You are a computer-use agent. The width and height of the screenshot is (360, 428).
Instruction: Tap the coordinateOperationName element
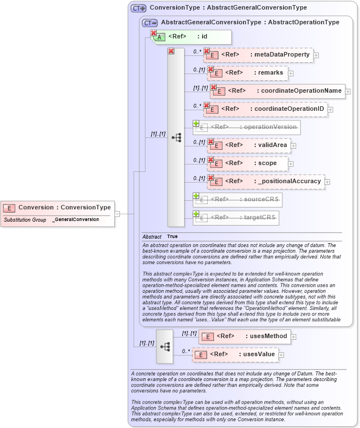tap(278, 90)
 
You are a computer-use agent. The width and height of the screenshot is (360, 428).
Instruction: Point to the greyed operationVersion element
tap(247, 127)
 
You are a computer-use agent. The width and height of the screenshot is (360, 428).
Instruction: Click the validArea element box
tap(249, 145)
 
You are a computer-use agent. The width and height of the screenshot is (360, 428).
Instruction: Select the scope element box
tap(247, 163)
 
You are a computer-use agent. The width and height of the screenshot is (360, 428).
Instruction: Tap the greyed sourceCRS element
tap(237, 200)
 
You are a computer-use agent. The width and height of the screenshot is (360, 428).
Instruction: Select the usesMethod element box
tap(244, 336)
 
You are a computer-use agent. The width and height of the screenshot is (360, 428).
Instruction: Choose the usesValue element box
tap(237, 354)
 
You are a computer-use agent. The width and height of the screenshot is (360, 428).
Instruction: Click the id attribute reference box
tap(192, 36)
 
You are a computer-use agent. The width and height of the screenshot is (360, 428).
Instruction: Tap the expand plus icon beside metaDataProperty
tap(316, 55)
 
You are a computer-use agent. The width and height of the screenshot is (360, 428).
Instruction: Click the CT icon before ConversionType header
tap(138, 8)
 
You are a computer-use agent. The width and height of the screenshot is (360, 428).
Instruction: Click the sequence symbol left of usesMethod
tap(164, 345)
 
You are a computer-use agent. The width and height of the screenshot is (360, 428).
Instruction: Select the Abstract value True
tap(172, 236)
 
